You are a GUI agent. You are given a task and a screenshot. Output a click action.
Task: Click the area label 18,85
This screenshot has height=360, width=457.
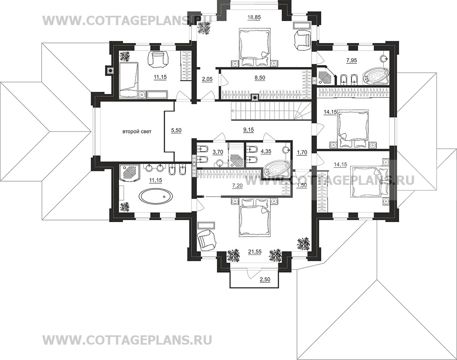click(x=254, y=17)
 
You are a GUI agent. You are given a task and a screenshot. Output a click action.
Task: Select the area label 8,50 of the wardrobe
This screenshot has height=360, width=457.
click(x=259, y=78)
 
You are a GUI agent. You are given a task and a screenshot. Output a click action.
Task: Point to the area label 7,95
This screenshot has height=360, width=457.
click(x=352, y=61)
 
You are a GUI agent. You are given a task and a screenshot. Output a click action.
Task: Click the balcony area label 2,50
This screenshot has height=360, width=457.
click(x=265, y=280)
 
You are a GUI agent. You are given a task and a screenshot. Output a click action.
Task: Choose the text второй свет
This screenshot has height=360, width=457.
click(x=137, y=131)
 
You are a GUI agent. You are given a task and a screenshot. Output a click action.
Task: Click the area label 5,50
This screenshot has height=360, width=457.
click(x=176, y=131)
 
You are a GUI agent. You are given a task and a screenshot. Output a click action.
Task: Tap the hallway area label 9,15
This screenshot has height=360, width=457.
click(x=249, y=130)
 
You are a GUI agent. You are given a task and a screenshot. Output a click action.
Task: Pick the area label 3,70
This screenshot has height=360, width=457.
click(x=218, y=152)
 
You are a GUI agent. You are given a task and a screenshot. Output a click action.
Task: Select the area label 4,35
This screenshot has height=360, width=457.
click(x=265, y=152)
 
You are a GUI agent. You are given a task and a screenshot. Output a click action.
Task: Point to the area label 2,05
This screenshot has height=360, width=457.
click(x=207, y=79)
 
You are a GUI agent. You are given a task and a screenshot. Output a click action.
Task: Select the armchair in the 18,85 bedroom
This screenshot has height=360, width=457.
click(x=303, y=40)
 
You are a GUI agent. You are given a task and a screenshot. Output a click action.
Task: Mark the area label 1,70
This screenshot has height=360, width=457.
click(x=302, y=152)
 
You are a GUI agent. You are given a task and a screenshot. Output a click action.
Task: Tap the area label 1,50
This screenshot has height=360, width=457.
click(x=302, y=185)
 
